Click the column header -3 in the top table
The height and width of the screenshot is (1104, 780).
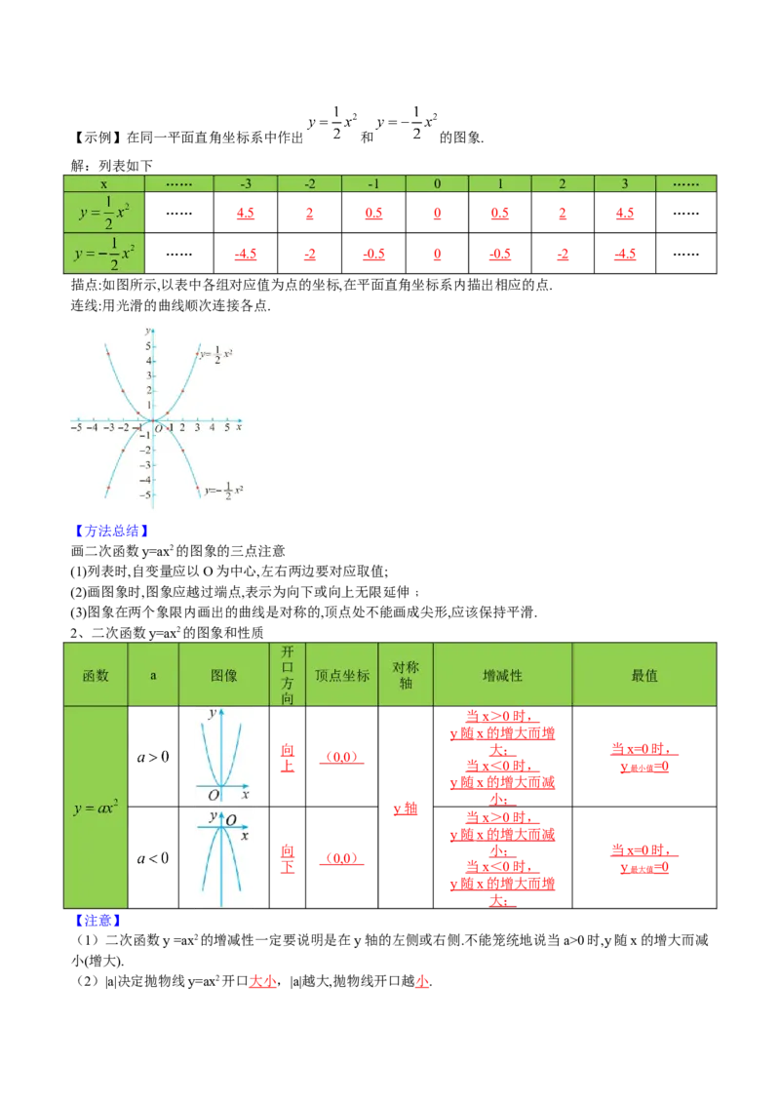pos(245,184)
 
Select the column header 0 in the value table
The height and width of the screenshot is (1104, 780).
pos(437,184)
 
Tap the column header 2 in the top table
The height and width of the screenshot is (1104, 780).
pos(563,184)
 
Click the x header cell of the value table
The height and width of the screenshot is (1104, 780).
pos(104,184)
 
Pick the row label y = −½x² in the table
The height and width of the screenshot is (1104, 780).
pos(104,254)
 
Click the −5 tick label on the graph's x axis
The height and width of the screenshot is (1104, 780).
pos(77,428)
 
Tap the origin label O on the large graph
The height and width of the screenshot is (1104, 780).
pos(159,429)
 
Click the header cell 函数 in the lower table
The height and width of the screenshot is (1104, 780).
pos(96,675)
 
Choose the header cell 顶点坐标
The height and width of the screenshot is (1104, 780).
pos(342,675)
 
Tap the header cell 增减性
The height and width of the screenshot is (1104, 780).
pos(502,675)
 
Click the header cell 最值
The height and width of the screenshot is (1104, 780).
pos(644,675)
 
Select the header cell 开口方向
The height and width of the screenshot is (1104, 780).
pos(287,675)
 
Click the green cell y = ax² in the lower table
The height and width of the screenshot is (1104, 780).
pos(96,808)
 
